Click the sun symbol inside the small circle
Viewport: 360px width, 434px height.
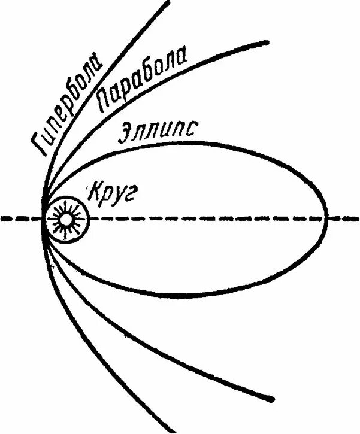point(65,220)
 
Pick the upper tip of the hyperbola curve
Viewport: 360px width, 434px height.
point(167,2)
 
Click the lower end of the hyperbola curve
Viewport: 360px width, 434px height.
point(174,431)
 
